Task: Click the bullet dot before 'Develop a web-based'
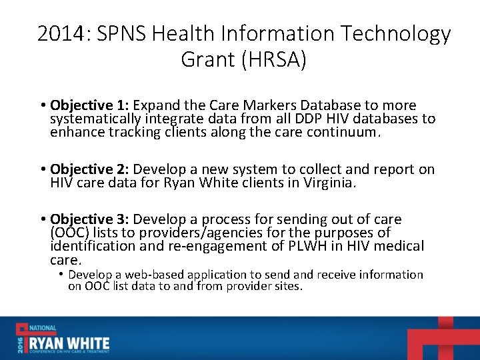tap(61, 275)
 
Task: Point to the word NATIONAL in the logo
tap(42, 329)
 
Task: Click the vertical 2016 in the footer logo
tap(20, 343)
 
